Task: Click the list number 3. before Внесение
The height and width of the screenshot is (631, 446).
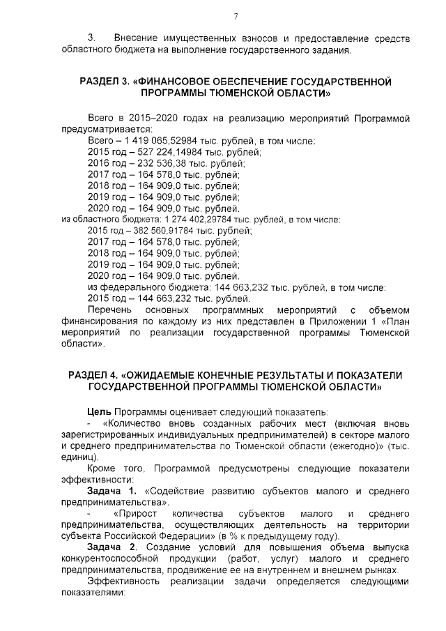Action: pyautogui.click(x=91, y=36)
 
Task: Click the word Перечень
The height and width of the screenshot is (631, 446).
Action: pyautogui.click(x=109, y=309)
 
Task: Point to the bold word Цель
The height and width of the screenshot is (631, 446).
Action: pyautogui.click(x=99, y=411)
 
